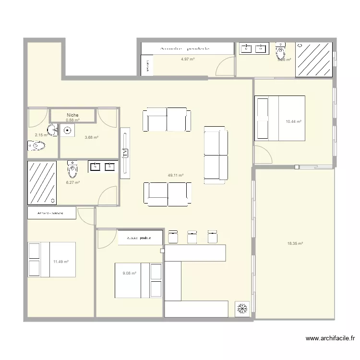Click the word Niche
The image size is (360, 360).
click(x=73, y=115)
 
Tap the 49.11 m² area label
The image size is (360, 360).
click(x=176, y=176)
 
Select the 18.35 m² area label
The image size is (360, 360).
click(x=295, y=244)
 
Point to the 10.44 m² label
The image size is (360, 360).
click(x=293, y=122)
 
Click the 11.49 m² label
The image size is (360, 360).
click(x=61, y=262)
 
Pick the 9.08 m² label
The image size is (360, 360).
click(x=130, y=274)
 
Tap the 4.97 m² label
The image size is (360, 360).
click(x=188, y=59)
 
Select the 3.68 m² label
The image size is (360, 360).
click(x=91, y=138)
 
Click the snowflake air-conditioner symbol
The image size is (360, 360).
click(x=242, y=309)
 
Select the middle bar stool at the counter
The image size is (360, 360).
click(x=192, y=236)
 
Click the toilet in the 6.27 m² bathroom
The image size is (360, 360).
click(x=72, y=168)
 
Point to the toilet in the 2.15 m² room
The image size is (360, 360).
click(x=36, y=145)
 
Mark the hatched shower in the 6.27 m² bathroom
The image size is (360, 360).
click(x=42, y=182)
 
